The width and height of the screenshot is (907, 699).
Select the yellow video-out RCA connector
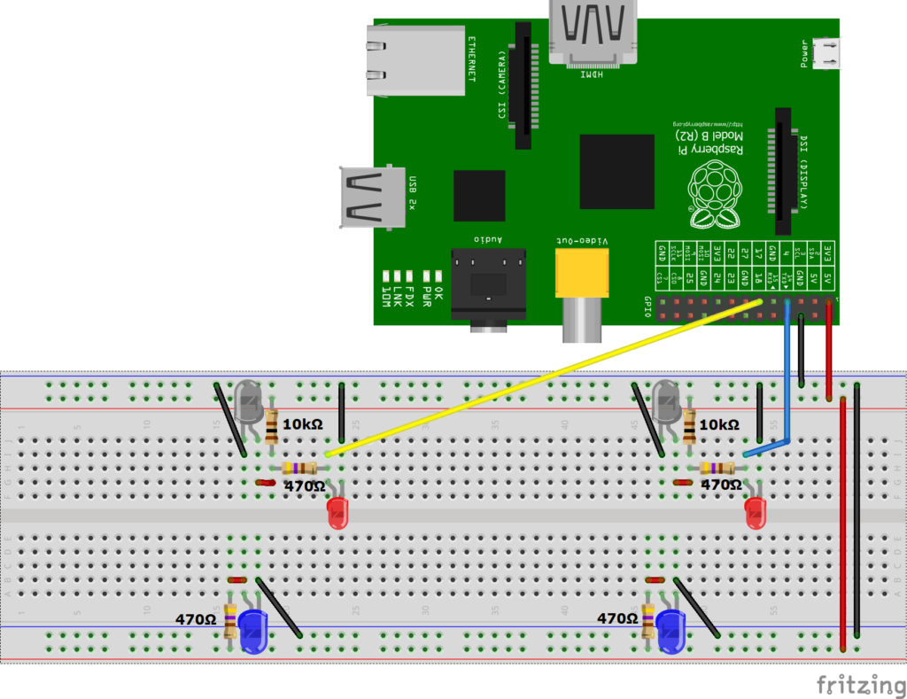click(582, 273)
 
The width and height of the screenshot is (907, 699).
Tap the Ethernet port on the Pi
click(415, 59)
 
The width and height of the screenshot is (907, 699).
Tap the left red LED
click(338, 513)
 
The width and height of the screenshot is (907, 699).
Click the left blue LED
click(254, 632)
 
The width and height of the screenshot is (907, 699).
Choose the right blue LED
click(671, 632)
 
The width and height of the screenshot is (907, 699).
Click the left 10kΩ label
click(302, 425)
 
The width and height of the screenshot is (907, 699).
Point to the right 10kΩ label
click(719, 425)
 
